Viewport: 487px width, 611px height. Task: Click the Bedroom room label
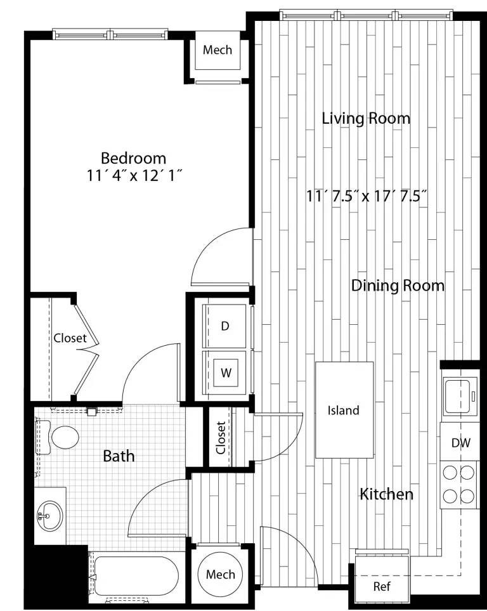pyautogui.click(x=134, y=158)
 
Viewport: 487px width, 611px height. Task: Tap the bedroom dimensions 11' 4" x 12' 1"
pyautogui.click(x=135, y=176)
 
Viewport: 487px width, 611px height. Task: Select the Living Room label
pyautogui.click(x=366, y=118)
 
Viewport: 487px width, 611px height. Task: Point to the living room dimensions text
pyautogui.click(x=366, y=196)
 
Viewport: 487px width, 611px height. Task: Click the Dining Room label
pyautogui.click(x=398, y=286)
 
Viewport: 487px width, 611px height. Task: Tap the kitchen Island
pyautogui.click(x=344, y=410)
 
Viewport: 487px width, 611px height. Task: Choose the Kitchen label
pyautogui.click(x=387, y=494)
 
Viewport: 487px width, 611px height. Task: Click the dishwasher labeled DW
pyautogui.click(x=461, y=443)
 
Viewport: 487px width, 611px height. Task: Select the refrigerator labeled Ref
pyautogui.click(x=381, y=586)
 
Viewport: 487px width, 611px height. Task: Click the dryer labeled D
pyautogui.click(x=224, y=326)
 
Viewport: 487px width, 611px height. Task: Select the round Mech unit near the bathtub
pyautogui.click(x=220, y=575)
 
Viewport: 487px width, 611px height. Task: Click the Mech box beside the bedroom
pyautogui.click(x=218, y=50)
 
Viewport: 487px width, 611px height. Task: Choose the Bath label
pyautogui.click(x=119, y=456)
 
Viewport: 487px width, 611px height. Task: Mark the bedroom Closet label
pyautogui.click(x=70, y=338)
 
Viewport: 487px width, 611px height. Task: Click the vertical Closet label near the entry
pyautogui.click(x=220, y=438)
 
